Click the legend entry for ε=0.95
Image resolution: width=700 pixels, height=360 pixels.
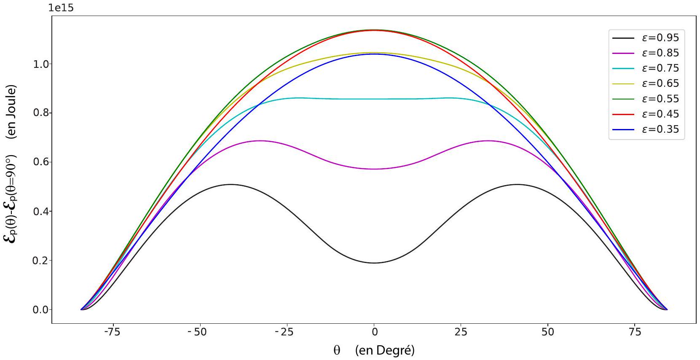[646, 38]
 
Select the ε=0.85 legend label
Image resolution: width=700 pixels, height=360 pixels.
[646, 53]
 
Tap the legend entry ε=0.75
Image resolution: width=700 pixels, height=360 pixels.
[646, 68]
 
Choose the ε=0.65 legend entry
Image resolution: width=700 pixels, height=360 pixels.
[646, 83]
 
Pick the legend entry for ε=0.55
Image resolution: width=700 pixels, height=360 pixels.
[646, 99]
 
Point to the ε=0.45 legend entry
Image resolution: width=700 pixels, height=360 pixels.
[646, 114]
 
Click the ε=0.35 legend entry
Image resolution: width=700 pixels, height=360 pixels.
[646, 129]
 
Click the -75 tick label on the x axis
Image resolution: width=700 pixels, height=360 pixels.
[112, 332]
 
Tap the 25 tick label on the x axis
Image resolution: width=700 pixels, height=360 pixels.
[461, 332]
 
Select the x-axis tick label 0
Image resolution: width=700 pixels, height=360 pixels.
[374, 332]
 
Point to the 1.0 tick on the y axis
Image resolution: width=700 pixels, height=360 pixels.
[41, 64]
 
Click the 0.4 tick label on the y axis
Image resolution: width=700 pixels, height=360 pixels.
[41, 212]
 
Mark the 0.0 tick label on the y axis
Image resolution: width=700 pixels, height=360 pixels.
[41, 310]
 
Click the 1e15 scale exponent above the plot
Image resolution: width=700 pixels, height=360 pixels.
[61, 8]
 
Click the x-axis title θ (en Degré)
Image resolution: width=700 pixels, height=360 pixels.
[374, 350]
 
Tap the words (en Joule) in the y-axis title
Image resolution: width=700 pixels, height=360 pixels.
[12, 112]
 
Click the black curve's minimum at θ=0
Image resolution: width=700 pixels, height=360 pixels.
[374, 263]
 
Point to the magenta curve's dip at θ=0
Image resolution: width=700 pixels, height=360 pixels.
[374, 169]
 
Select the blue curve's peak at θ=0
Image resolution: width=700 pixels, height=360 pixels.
[374, 54]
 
